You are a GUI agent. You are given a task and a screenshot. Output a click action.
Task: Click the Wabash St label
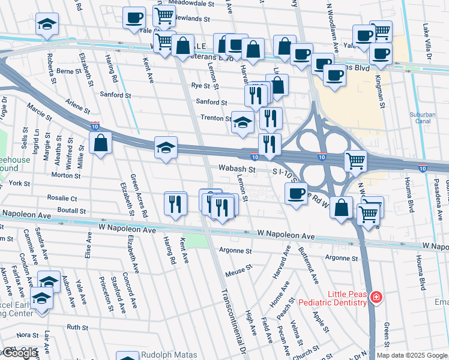point(237,170)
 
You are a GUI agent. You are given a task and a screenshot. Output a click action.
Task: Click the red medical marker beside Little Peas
point(376,297)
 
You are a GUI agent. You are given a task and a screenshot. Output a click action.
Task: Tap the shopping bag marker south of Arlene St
point(100,143)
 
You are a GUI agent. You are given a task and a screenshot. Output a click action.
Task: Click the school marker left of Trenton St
point(243,122)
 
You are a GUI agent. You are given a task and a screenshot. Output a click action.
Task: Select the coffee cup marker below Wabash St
point(296,194)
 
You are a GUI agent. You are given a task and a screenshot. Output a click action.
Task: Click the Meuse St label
point(236,272)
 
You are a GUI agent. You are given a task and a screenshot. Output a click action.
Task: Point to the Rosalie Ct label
point(66,198)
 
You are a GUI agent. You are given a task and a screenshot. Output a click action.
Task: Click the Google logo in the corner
point(20,353)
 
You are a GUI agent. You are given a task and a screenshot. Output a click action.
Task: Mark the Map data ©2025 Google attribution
point(412,355)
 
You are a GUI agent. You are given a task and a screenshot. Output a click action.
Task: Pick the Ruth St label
point(77,327)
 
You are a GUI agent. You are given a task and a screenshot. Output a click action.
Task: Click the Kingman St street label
point(379,90)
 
